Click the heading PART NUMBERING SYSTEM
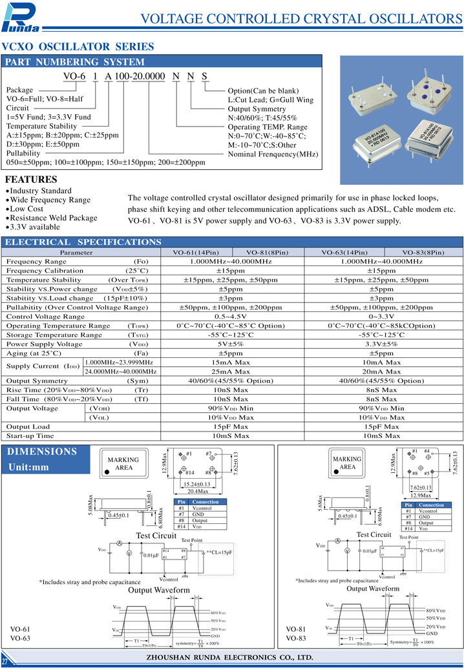(x=75, y=62)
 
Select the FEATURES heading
(x=31, y=180)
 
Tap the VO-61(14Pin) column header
(x=196, y=252)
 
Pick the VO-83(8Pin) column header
(x=423, y=252)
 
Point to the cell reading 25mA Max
(x=231, y=372)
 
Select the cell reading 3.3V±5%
(x=381, y=344)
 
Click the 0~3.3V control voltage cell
(x=381, y=317)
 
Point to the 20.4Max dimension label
(x=198, y=490)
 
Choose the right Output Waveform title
(x=373, y=589)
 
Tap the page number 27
(x=5, y=662)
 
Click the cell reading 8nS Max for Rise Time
(x=381, y=390)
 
